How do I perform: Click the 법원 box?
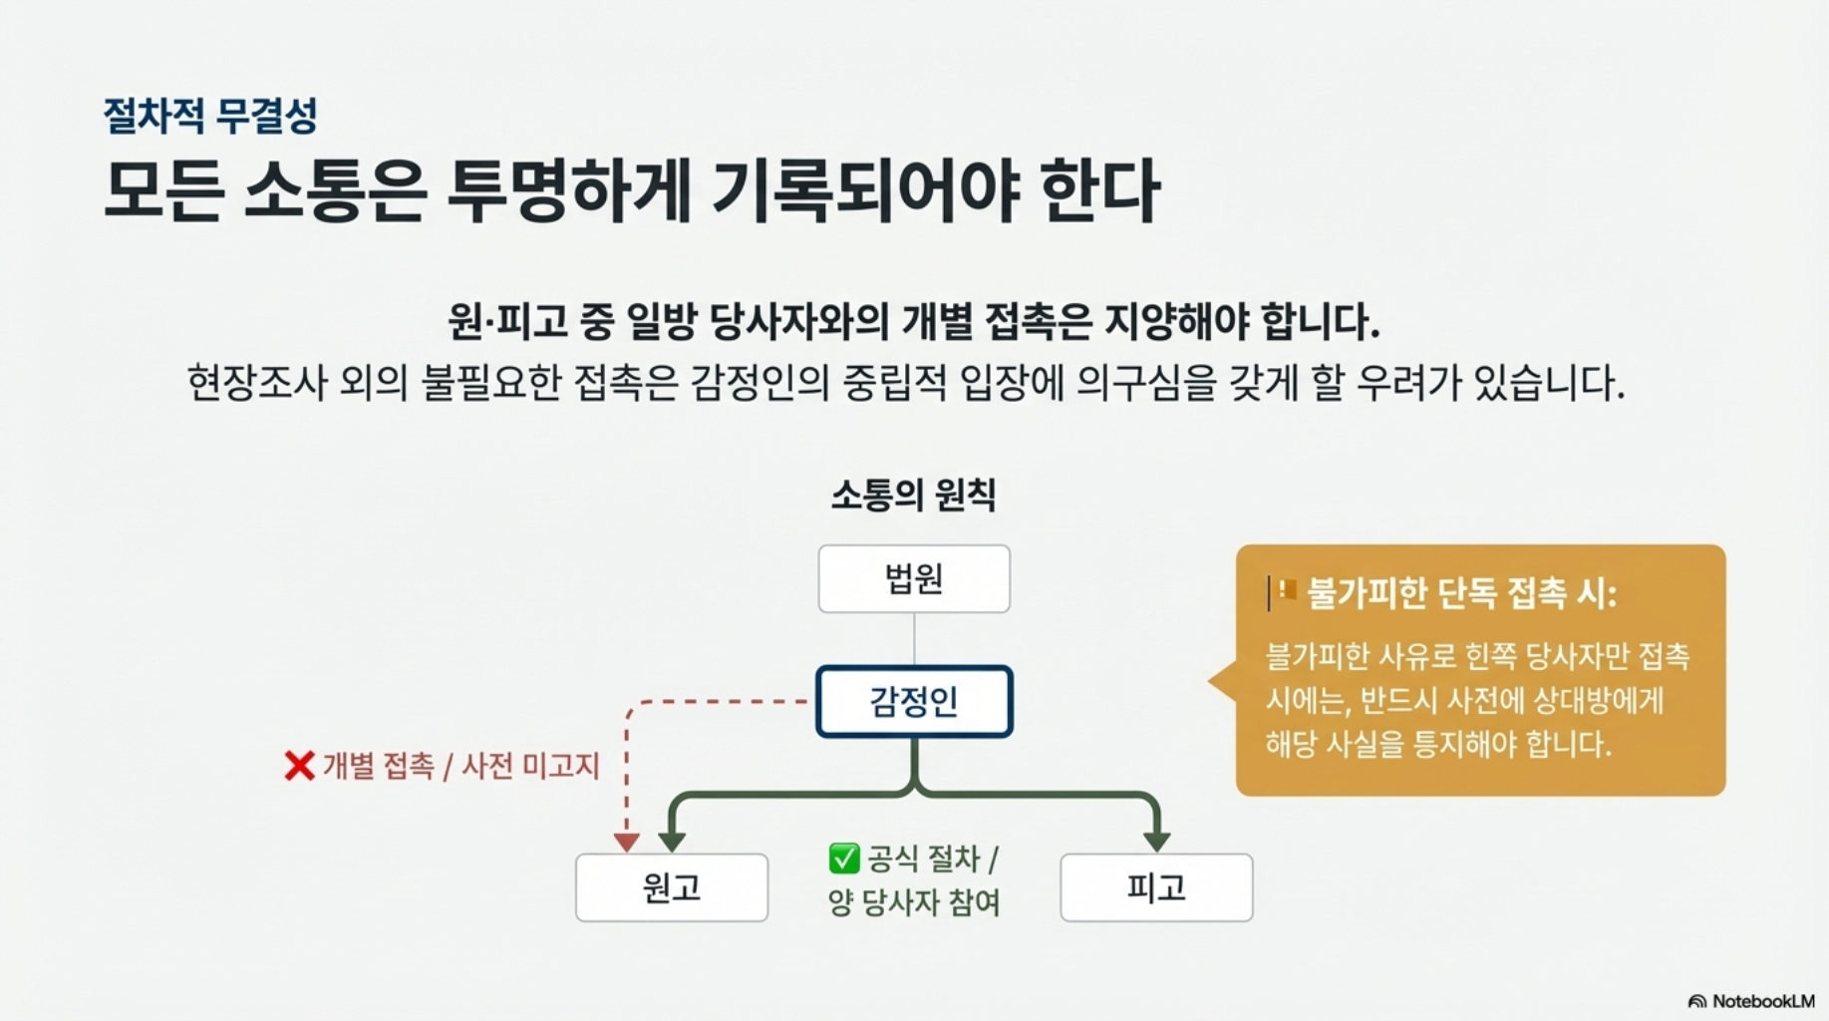[x=914, y=578]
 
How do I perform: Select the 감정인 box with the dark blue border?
[x=914, y=701]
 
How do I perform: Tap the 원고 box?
[x=672, y=887]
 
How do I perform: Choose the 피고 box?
[x=1156, y=887]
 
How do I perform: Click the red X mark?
[x=299, y=766]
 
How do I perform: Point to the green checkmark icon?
[x=843, y=857]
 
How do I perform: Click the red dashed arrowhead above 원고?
[x=626, y=843]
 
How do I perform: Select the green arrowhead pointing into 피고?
[x=1156, y=841]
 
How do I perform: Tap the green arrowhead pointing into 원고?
[x=672, y=841]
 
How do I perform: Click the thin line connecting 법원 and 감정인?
[x=914, y=639]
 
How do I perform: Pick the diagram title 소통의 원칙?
[x=913, y=495]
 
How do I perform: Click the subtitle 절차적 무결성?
[x=210, y=116]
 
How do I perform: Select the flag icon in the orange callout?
[x=1286, y=590]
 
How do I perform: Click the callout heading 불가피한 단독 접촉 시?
[x=1460, y=594]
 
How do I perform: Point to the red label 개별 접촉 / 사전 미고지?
[x=460, y=766]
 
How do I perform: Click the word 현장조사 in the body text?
[x=256, y=383]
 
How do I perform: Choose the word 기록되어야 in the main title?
[x=865, y=190]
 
